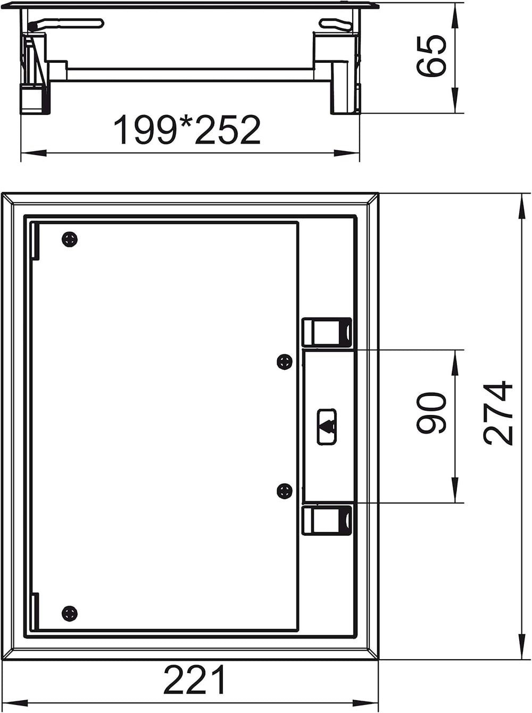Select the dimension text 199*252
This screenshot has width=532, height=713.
pyautogui.click(x=187, y=130)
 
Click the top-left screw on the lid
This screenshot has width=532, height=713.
pyautogui.click(x=70, y=240)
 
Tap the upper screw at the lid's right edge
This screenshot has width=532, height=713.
pyautogui.click(x=285, y=362)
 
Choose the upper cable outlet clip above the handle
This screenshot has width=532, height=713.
pyautogui.click(x=327, y=332)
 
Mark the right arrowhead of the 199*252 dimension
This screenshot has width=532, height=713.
pyautogui.click(x=347, y=153)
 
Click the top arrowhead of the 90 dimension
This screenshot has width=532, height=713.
pyautogui.click(x=455, y=362)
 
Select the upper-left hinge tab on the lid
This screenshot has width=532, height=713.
pyautogui.click(x=35, y=241)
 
